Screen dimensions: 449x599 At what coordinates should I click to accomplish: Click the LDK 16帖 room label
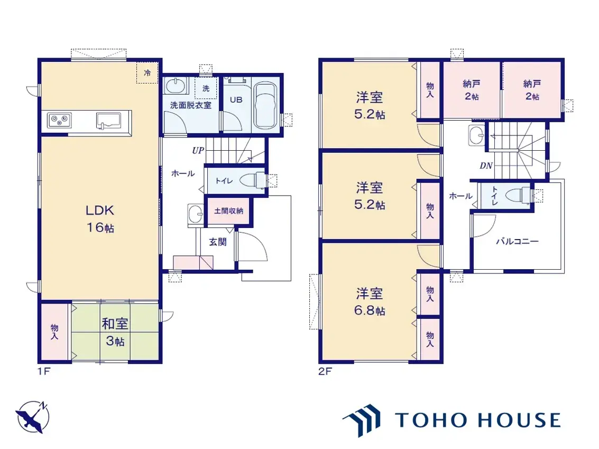(x=100, y=219)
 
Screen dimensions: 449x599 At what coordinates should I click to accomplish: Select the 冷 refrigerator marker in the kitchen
(x=148, y=73)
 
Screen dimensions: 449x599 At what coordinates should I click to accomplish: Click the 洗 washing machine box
(x=206, y=88)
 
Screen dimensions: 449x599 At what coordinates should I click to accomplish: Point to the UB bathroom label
(x=235, y=99)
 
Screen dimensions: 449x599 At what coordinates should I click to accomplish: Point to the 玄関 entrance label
(x=217, y=242)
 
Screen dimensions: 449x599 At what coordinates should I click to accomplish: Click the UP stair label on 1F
(x=198, y=151)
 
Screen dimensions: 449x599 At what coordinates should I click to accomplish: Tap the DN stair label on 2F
(x=486, y=166)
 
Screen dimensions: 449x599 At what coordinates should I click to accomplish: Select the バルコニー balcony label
(x=517, y=242)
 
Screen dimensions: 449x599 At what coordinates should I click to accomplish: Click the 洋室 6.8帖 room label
(x=370, y=301)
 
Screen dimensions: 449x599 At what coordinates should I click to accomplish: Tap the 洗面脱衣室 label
(x=190, y=105)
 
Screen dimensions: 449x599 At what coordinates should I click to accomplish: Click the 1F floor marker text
(x=43, y=371)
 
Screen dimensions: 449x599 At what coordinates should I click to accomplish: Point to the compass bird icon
(x=32, y=417)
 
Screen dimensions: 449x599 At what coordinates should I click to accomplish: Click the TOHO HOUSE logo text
(x=477, y=420)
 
